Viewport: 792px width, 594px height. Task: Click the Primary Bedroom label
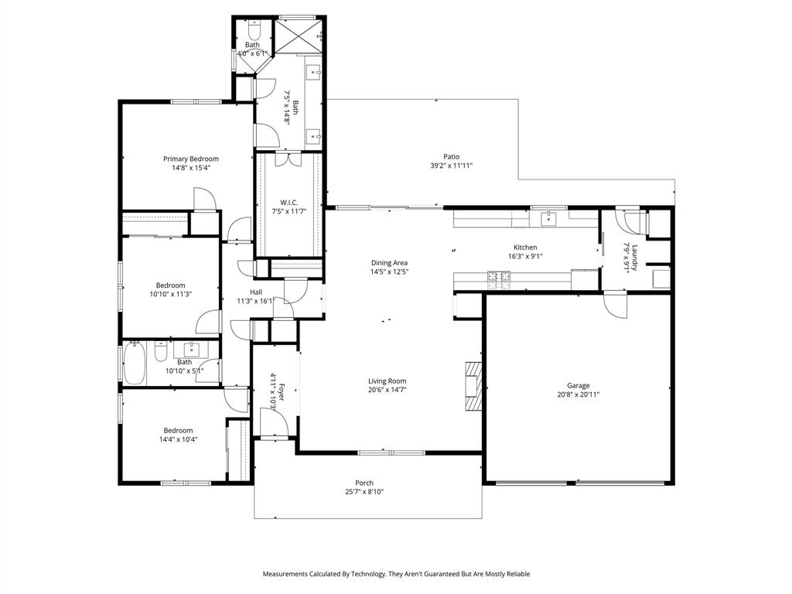(x=190, y=159)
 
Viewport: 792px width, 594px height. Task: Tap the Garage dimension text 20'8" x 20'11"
(x=578, y=394)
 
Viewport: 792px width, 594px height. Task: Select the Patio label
(x=451, y=156)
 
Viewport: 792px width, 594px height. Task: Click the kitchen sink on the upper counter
(x=548, y=218)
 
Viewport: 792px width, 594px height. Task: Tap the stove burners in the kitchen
(x=499, y=279)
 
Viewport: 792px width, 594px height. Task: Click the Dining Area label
(x=389, y=263)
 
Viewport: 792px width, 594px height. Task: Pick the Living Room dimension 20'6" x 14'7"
(x=387, y=390)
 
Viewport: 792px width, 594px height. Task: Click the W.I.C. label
(x=284, y=202)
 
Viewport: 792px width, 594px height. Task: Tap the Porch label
(x=364, y=483)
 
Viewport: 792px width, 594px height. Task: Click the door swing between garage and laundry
(x=616, y=304)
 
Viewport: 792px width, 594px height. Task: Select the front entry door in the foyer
(x=274, y=422)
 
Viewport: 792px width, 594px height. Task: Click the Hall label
(x=255, y=292)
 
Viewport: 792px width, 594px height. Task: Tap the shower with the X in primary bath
(x=297, y=35)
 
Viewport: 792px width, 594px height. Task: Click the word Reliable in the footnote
(x=516, y=574)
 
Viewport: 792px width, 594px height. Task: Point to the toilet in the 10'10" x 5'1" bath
(x=161, y=353)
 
